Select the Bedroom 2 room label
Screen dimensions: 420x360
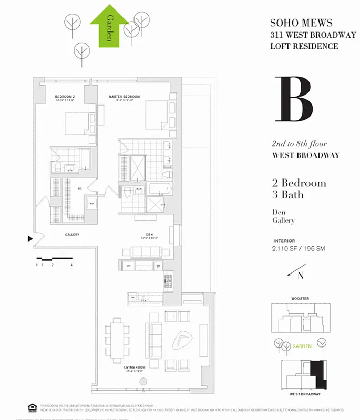[65, 97]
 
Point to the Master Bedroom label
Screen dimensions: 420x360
[124, 97]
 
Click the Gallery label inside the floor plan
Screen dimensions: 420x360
[72, 235]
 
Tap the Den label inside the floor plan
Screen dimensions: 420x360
[149, 235]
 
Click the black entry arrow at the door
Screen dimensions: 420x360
[29, 239]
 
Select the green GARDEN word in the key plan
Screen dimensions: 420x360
[302, 346]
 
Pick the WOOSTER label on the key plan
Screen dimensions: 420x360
[300, 299]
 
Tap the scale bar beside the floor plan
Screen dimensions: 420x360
[54, 259]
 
